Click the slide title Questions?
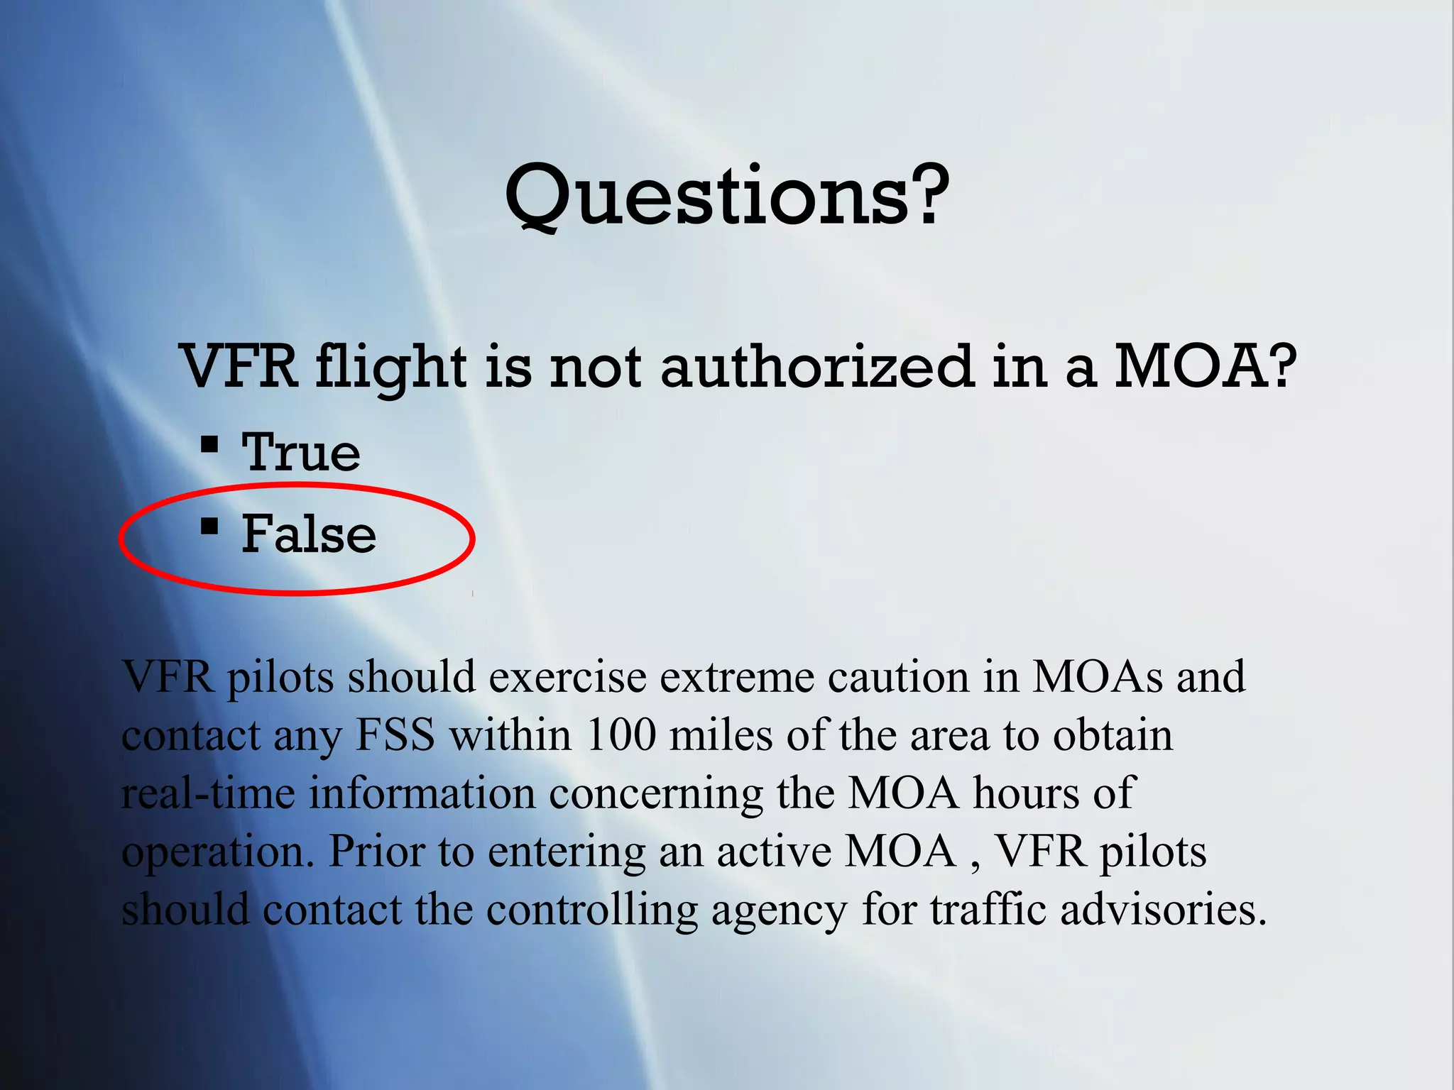point(726,195)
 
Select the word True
point(301,452)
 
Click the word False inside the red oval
point(309,534)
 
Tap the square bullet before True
point(209,445)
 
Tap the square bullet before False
point(209,527)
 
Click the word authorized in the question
point(816,367)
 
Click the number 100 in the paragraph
point(621,735)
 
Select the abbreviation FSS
point(395,735)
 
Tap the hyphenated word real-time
point(208,793)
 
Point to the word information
point(422,793)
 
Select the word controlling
point(592,910)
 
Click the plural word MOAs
point(1097,677)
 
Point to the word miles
point(720,735)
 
